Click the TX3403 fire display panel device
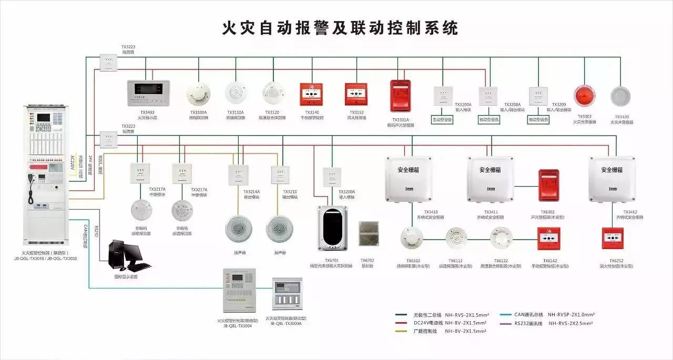click(x=148, y=92)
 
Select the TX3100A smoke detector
click(x=198, y=94)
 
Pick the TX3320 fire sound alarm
click(x=620, y=97)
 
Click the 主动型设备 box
click(x=442, y=119)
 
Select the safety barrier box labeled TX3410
click(x=408, y=179)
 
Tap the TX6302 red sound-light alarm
click(x=548, y=186)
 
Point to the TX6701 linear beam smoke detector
click(x=332, y=228)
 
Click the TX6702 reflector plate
click(x=368, y=234)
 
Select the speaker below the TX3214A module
click(x=238, y=228)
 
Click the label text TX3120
click(x=272, y=112)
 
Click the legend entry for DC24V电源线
click(x=452, y=323)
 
